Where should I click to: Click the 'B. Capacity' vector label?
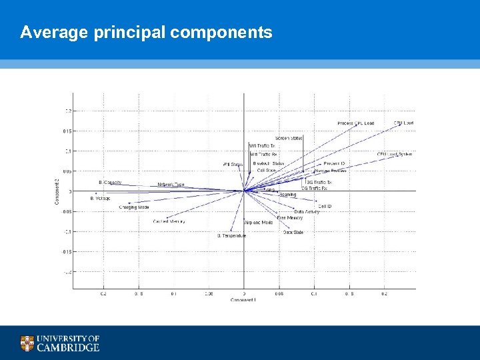click(x=110, y=182)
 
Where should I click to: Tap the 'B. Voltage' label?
click(x=101, y=199)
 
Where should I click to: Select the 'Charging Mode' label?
click(x=133, y=207)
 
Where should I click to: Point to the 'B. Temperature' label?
click(x=232, y=235)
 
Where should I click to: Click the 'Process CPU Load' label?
click(x=355, y=123)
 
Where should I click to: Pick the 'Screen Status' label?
click(x=289, y=138)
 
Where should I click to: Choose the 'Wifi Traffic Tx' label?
click(x=262, y=145)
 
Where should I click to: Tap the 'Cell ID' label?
click(x=325, y=207)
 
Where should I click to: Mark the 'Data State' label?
click(x=293, y=233)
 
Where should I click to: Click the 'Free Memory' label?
click(x=290, y=218)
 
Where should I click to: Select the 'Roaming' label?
click(x=288, y=195)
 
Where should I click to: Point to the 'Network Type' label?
click(x=171, y=185)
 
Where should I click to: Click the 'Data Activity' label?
click(x=307, y=212)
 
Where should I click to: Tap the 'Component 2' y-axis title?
click(x=57, y=190)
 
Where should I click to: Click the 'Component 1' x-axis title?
click(x=243, y=300)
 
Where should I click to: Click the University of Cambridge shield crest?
click(x=27, y=343)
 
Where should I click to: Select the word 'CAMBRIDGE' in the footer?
click(x=68, y=347)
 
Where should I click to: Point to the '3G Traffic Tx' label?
click(x=319, y=182)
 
